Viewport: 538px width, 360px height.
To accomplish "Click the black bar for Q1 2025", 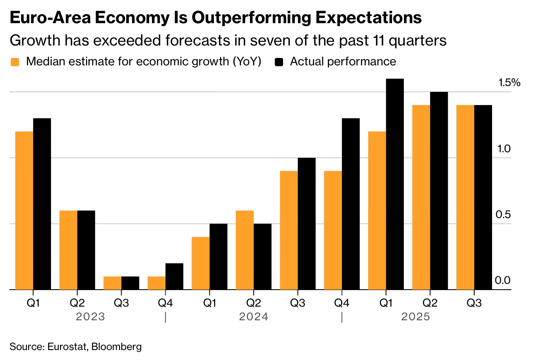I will point(395,184).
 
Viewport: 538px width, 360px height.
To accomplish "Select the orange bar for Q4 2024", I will point(333,230).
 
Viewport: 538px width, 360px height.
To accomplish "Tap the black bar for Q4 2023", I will point(174,276).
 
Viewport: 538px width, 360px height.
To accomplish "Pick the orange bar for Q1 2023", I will point(24,210).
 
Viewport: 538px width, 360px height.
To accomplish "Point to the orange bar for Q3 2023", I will point(112,283).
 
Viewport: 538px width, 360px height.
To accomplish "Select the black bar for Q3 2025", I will point(483,197).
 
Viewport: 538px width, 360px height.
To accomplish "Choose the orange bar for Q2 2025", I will point(421,197).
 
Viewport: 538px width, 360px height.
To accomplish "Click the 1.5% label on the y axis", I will point(509,83).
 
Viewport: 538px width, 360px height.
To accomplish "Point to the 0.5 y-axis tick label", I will point(503,215).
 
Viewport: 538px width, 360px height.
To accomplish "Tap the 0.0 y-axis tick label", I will point(503,281).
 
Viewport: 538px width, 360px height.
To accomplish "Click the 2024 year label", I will point(254,317).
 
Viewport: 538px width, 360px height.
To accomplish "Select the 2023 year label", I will point(90,317).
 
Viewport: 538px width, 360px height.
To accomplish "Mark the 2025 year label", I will point(416,317).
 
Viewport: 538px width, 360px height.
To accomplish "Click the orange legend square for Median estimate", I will point(15,62).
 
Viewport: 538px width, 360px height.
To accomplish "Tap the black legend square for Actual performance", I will point(279,62).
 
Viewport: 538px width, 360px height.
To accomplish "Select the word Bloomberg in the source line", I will point(116,346).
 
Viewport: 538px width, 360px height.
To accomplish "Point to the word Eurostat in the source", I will point(66,346).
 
